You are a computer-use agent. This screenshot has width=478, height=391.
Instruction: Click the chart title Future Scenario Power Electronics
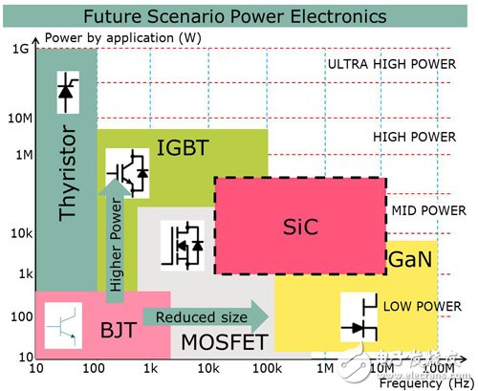(x=235, y=16)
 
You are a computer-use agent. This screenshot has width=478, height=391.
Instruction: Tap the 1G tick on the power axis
(x=21, y=49)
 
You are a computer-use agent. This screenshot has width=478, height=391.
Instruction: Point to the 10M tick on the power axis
(x=20, y=119)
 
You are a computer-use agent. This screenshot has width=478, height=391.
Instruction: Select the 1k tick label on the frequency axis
(x=151, y=368)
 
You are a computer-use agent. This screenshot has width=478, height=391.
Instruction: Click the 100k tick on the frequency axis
(x=268, y=368)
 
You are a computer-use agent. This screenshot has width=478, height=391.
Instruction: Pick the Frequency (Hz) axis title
(x=425, y=383)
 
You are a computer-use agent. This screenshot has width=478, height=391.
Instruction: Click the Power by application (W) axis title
(x=123, y=38)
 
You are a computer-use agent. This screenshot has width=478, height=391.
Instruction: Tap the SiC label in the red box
(x=300, y=227)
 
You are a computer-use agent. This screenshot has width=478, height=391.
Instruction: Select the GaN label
(x=410, y=259)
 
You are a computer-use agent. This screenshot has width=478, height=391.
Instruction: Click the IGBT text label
(x=183, y=147)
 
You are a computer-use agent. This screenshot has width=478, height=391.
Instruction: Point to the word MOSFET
(x=225, y=342)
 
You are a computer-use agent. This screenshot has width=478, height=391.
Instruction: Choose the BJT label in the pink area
(x=119, y=330)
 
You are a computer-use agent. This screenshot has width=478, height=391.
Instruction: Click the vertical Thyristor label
(x=68, y=173)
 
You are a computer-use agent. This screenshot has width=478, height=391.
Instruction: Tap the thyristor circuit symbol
(x=68, y=93)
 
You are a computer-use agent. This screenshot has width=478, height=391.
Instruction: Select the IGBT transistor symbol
(x=127, y=173)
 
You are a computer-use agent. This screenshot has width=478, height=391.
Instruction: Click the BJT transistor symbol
(x=63, y=326)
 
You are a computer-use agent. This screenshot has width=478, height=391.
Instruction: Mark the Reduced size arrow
(x=206, y=316)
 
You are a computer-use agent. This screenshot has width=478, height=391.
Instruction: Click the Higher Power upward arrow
(x=115, y=240)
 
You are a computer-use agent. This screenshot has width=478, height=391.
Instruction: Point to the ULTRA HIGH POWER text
(x=392, y=64)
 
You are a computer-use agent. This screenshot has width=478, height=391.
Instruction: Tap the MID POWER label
(x=429, y=210)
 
